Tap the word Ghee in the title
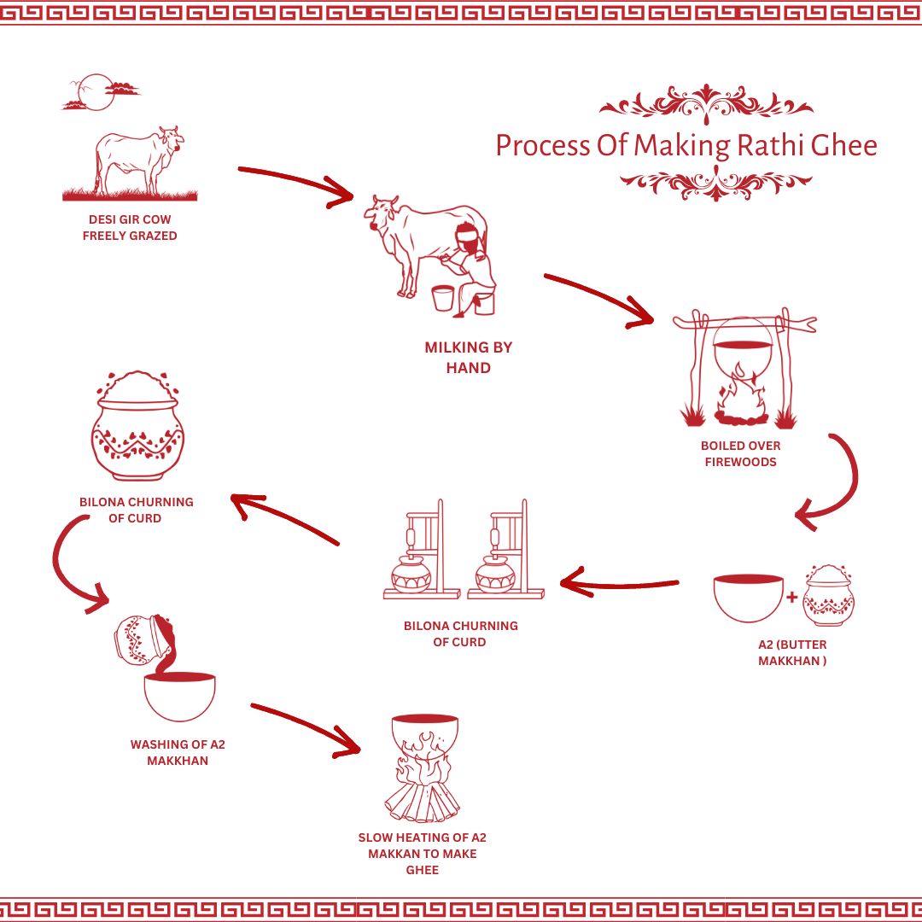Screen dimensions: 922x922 click(x=843, y=145)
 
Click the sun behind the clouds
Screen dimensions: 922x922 click(x=96, y=92)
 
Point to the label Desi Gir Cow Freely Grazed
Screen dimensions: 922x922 click(x=130, y=228)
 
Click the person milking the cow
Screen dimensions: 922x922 click(x=472, y=265)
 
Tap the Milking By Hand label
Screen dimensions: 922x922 click(x=469, y=358)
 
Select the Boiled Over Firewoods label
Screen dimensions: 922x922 click(x=740, y=453)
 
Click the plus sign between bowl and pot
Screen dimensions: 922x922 click(x=791, y=598)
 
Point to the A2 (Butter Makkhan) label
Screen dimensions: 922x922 click(x=792, y=653)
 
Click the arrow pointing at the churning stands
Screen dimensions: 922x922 click(x=620, y=586)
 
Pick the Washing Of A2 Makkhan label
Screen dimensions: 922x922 click(x=178, y=752)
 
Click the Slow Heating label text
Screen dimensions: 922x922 click(x=423, y=853)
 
